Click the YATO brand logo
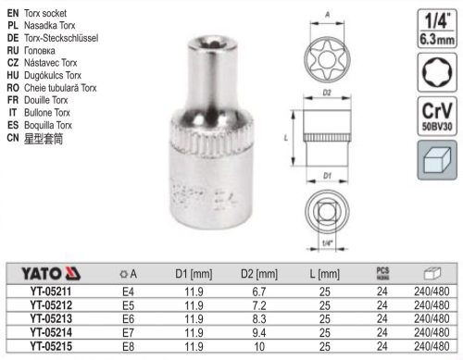pos(44,274)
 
